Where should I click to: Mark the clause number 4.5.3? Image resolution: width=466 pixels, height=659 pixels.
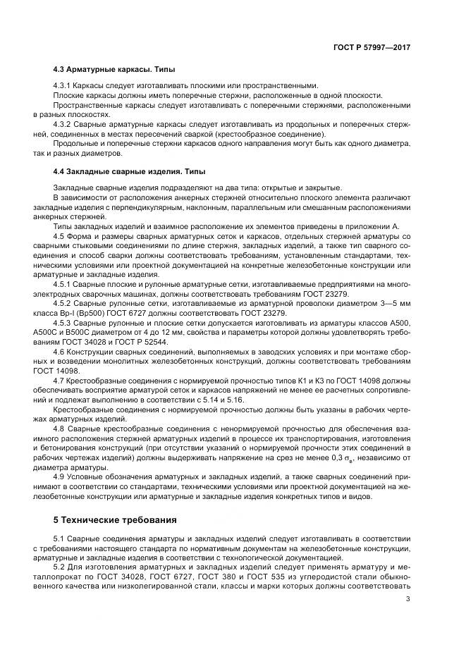tap(62, 321)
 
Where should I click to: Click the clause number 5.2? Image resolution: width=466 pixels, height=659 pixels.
tap(59, 566)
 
